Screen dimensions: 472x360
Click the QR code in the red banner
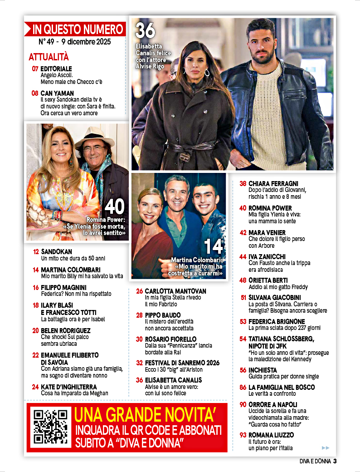pyautogui.click(x=51, y=426)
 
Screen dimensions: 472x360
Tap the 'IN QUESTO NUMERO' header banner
pyautogui.click(x=75, y=30)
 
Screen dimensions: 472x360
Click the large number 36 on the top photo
pyautogui.click(x=146, y=30)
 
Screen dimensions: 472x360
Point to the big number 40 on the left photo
pyautogui.click(x=114, y=207)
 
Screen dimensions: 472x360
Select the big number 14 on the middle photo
pyautogui.click(x=214, y=246)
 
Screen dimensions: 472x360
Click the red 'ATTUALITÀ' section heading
pyautogui.click(x=49, y=57)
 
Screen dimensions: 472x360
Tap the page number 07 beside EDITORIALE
pyautogui.click(x=35, y=69)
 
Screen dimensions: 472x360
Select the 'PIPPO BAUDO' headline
pyautogui.click(x=163, y=315)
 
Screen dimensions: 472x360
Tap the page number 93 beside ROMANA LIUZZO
pyautogui.click(x=243, y=435)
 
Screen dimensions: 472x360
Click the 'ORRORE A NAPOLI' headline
pyautogui.click(x=272, y=404)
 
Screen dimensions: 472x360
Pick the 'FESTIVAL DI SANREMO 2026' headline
pyautogui.click(x=182, y=363)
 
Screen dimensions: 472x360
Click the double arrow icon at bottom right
pyautogui.click(x=325, y=447)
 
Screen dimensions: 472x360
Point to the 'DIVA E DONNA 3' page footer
pyautogui.click(x=318, y=461)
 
